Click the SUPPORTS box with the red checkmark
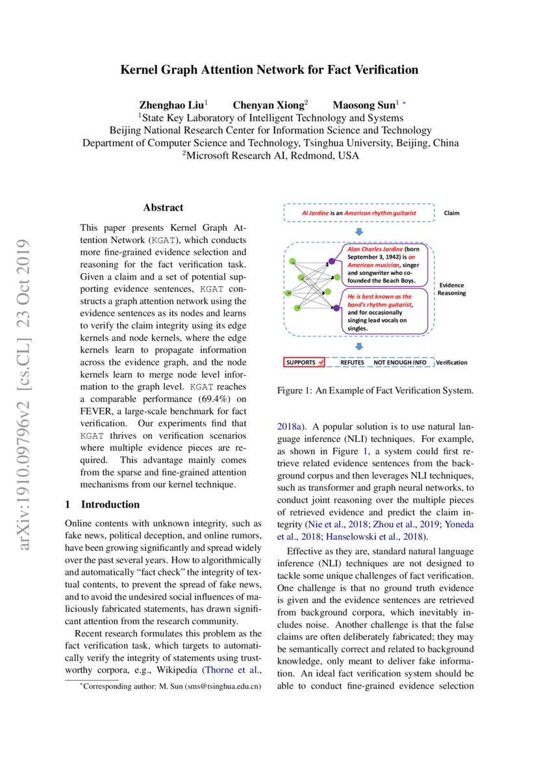click(304, 362)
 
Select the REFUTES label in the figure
click(352, 362)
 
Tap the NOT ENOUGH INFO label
click(400, 362)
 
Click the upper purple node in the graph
click(332, 261)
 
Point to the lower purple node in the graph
click(336, 308)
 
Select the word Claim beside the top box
click(451, 213)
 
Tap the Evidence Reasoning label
click(451, 289)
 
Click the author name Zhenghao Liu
click(171, 105)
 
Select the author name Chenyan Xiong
click(268, 105)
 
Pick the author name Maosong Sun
click(363, 105)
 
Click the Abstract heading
click(163, 208)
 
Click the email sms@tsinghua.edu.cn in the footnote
click(223, 686)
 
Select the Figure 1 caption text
click(375, 391)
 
